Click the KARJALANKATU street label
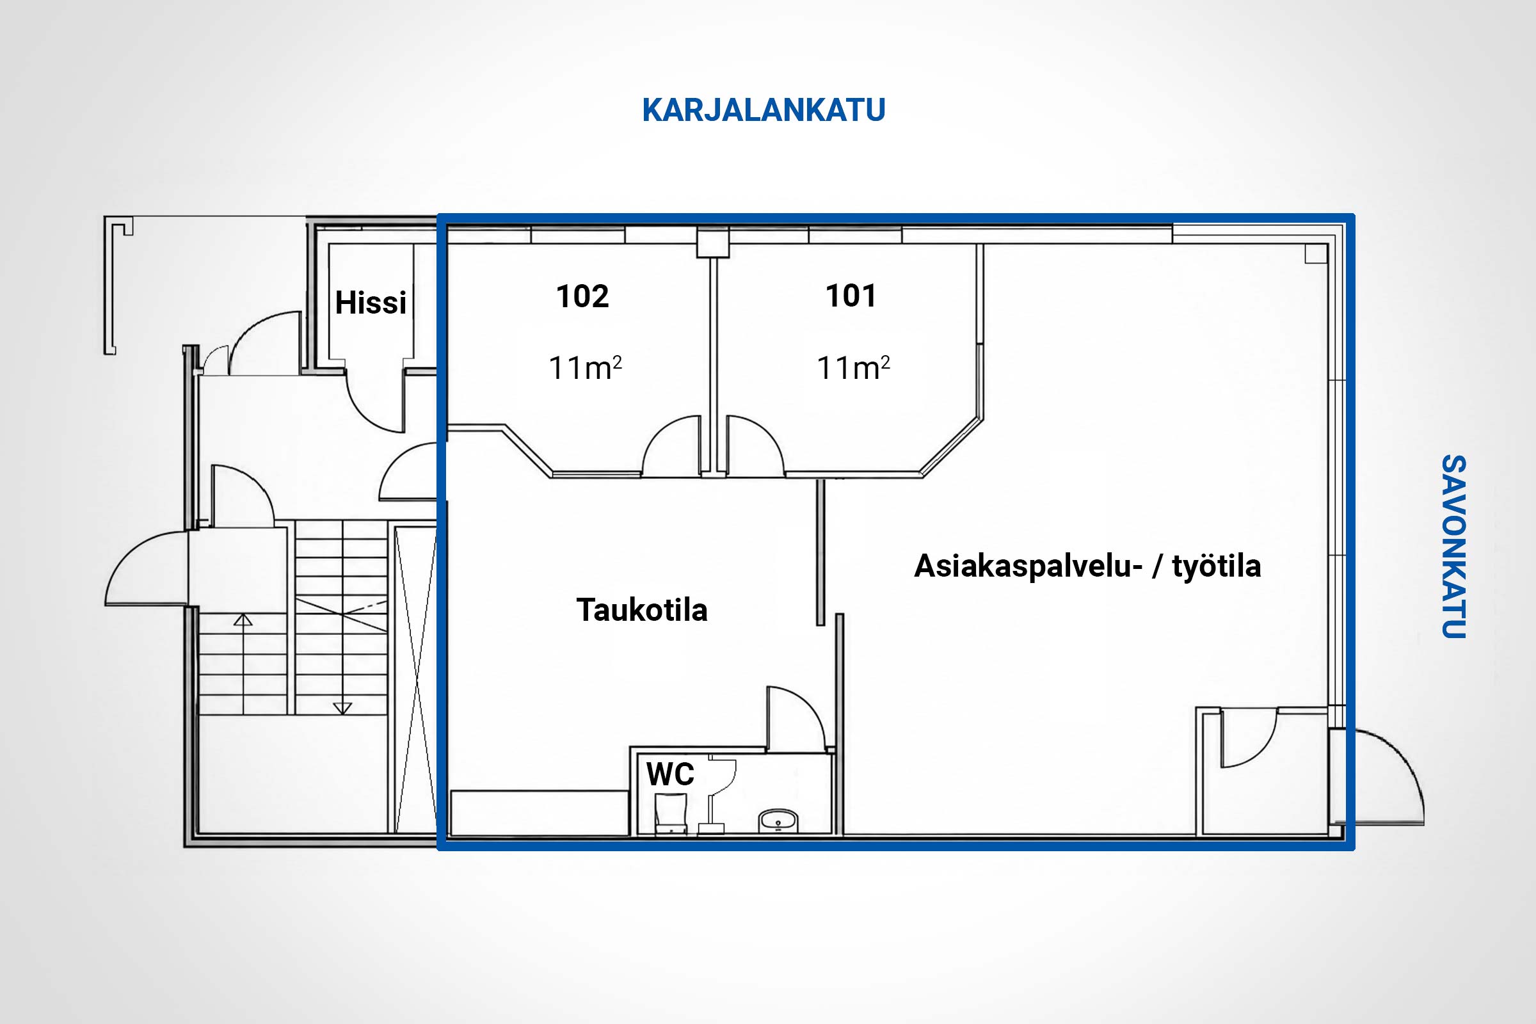coord(764,109)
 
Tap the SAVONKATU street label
coord(1453,547)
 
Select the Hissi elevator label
coord(371,302)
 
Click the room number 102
coord(582,296)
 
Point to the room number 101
coord(851,295)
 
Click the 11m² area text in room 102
coord(585,367)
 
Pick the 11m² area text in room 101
coord(854,367)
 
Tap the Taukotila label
coord(642,610)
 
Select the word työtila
coord(1216,566)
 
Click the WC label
coord(670,774)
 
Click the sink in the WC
coord(778,820)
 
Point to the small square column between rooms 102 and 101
coord(712,243)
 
